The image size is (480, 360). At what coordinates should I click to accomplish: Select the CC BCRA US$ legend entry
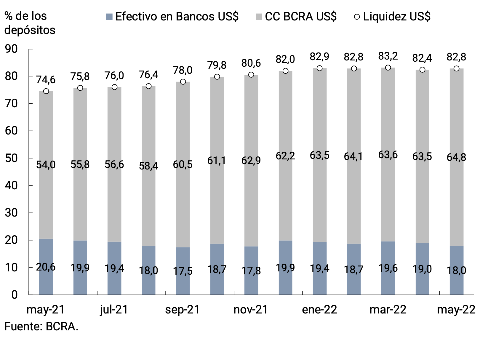click(x=296, y=17)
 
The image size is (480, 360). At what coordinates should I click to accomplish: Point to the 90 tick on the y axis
click(x=11, y=49)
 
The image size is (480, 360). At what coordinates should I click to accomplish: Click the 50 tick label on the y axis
click(x=11, y=158)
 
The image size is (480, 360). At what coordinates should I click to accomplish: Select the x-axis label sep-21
click(x=183, y=310)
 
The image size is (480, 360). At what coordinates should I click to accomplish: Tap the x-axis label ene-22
click(x=319, y=310)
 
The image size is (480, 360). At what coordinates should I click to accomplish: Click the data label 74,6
click(x=46, y=80)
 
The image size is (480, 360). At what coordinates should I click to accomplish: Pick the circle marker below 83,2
click(x=388, y=68)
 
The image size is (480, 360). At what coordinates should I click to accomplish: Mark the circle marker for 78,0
click(x=183, y=82)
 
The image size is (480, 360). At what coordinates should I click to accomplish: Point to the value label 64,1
click(x=354, y=156)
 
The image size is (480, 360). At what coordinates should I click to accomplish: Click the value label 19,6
click(x=388, y=268)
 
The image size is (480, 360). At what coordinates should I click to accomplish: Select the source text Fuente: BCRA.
click(x=41, y=327)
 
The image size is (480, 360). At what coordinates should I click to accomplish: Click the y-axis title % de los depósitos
click(x=30, y=23)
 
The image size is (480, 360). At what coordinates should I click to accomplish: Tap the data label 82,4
click(x=422, y=58)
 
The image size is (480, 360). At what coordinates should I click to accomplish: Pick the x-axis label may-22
click(x=456, y=310)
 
